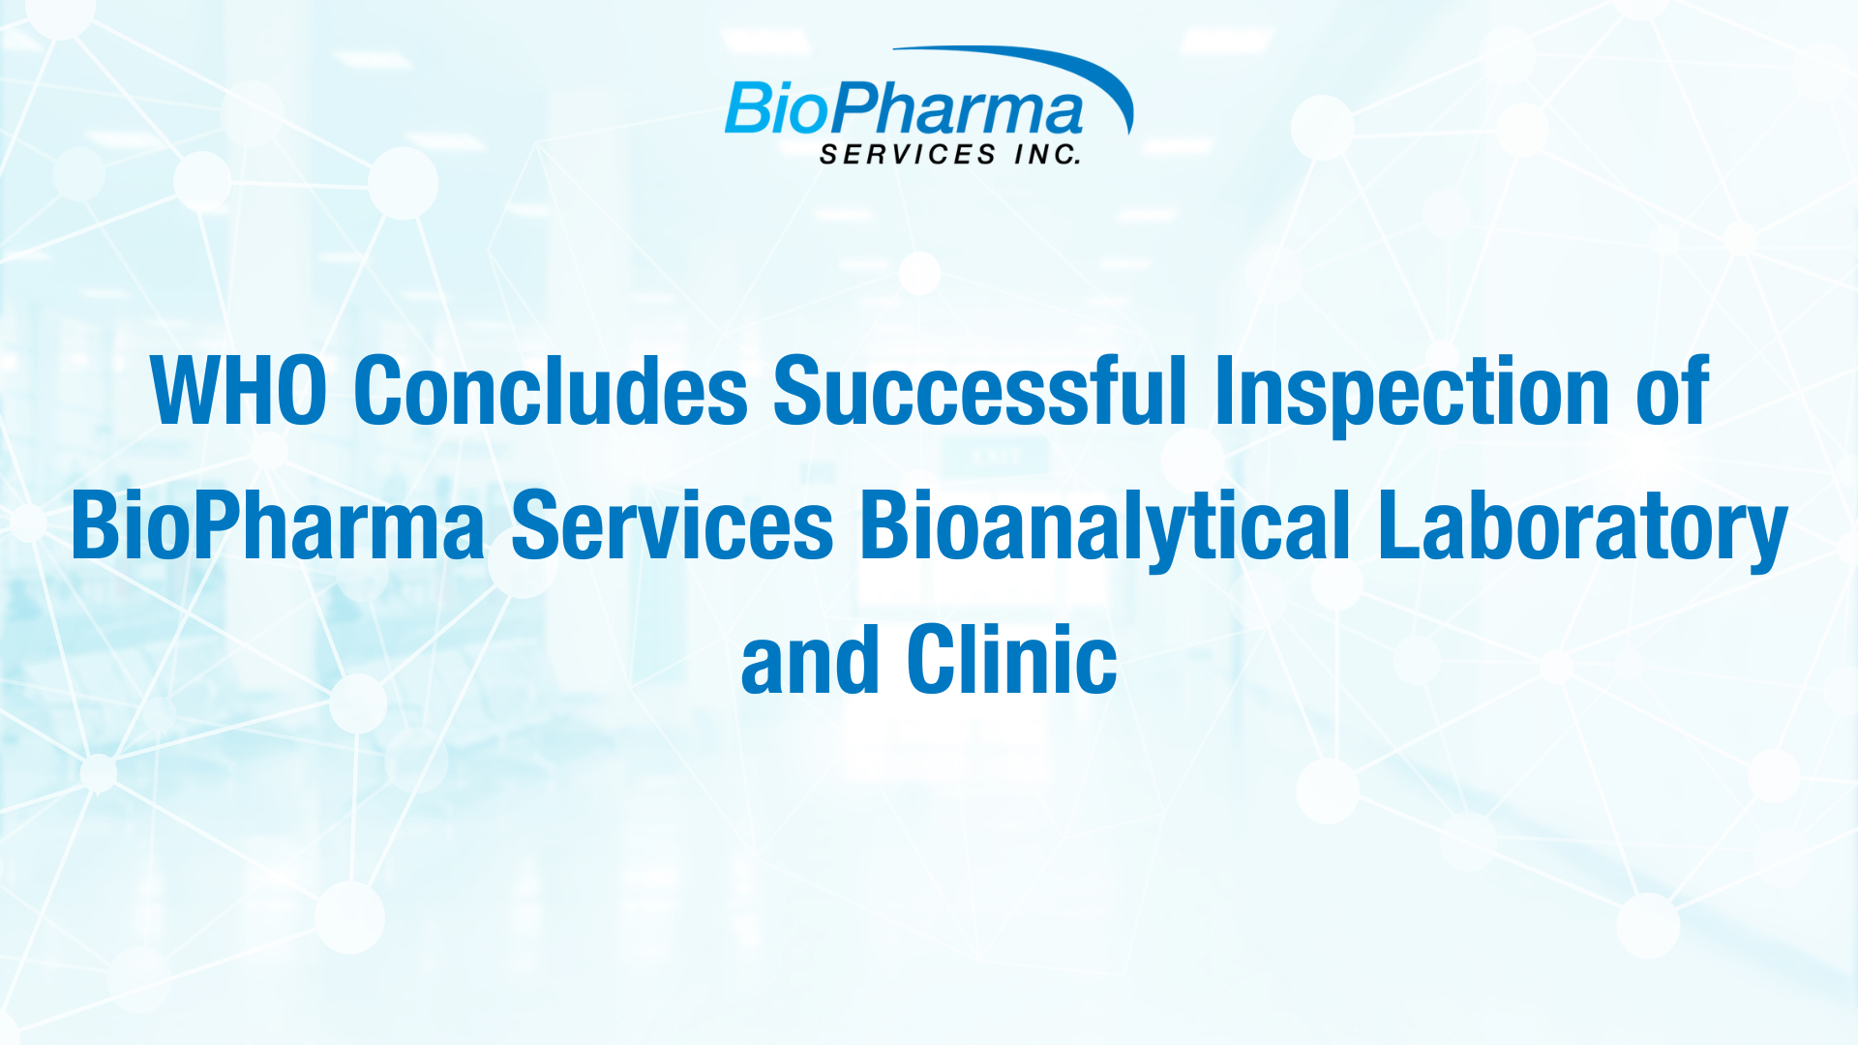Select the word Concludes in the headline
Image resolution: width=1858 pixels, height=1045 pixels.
(551, 389)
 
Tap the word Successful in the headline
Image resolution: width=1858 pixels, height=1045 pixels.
(979, 389)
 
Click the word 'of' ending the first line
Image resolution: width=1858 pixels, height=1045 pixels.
(1672, 389)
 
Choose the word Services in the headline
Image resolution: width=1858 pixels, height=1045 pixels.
(672, 525)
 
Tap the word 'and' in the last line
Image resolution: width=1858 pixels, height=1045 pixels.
(810, 661)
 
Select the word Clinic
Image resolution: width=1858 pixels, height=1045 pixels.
(1012, 660)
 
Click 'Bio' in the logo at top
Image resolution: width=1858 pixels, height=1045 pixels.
(774, 108)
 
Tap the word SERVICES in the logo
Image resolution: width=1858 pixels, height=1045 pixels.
(908, 155)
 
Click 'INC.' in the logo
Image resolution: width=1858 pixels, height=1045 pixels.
(1048, 155)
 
